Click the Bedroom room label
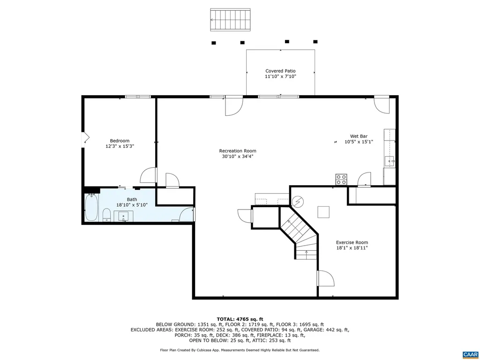[x=120, y=141]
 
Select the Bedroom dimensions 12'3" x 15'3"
[x=120, y=146]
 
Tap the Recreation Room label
[x=238, y=151]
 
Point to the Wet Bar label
[x=359, y=136]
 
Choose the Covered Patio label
[x=280, y=71]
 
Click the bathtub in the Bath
[x=91, y=207]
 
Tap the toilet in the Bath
[x=106, y=216]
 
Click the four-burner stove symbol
[x=341, y=179]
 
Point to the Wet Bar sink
[x=390, y=161]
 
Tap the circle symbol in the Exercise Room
[x=298, y=202]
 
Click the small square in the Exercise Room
[x=323, y=212]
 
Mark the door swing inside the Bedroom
[x=148, y=176]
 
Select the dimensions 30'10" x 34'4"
[x=238, y=157]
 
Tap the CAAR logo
[x=469, y=354]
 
